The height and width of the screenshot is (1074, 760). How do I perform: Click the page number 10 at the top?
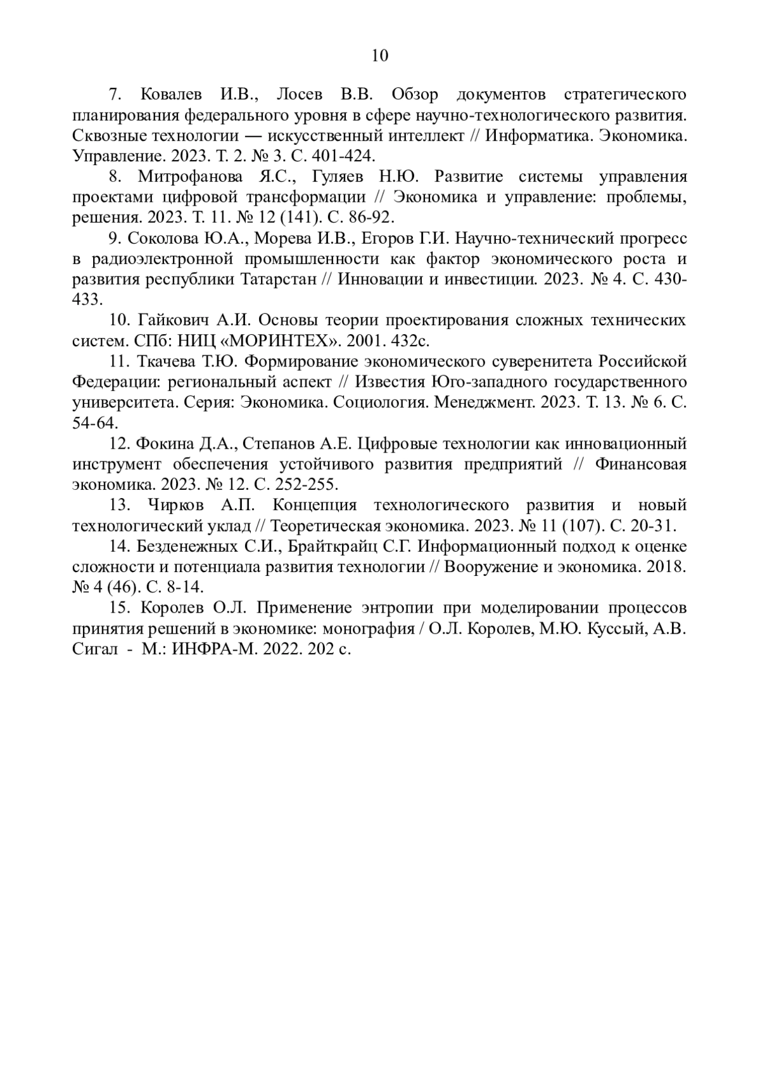click(x=379, y=56)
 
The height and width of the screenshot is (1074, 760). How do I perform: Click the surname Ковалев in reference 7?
click(x=170, y=95)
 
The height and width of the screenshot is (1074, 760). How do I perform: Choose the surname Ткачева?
click(x=165, y=361)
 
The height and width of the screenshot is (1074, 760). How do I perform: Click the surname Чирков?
click(x=174, y=505)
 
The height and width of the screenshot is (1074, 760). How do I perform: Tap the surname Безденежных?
click(x=186, y=546)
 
